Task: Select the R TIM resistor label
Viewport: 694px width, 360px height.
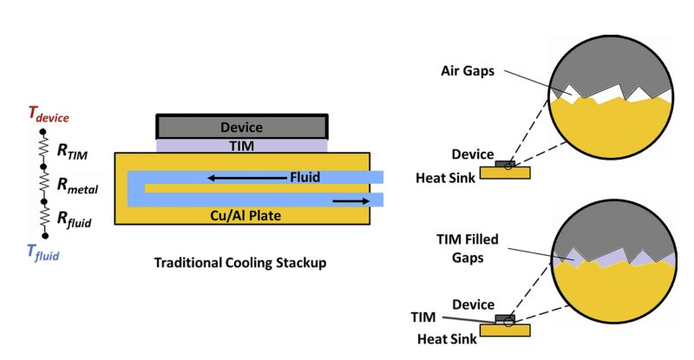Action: point(74,151)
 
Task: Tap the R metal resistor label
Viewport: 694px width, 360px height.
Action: point(78,185)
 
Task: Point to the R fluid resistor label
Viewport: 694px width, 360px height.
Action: point(74,220)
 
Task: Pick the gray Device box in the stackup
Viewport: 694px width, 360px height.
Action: point(241,127)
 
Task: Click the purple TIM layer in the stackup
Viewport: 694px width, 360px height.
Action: point(241,146)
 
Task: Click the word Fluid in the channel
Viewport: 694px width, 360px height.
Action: point(304,178)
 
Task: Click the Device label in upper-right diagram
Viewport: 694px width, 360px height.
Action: point(474,154)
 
